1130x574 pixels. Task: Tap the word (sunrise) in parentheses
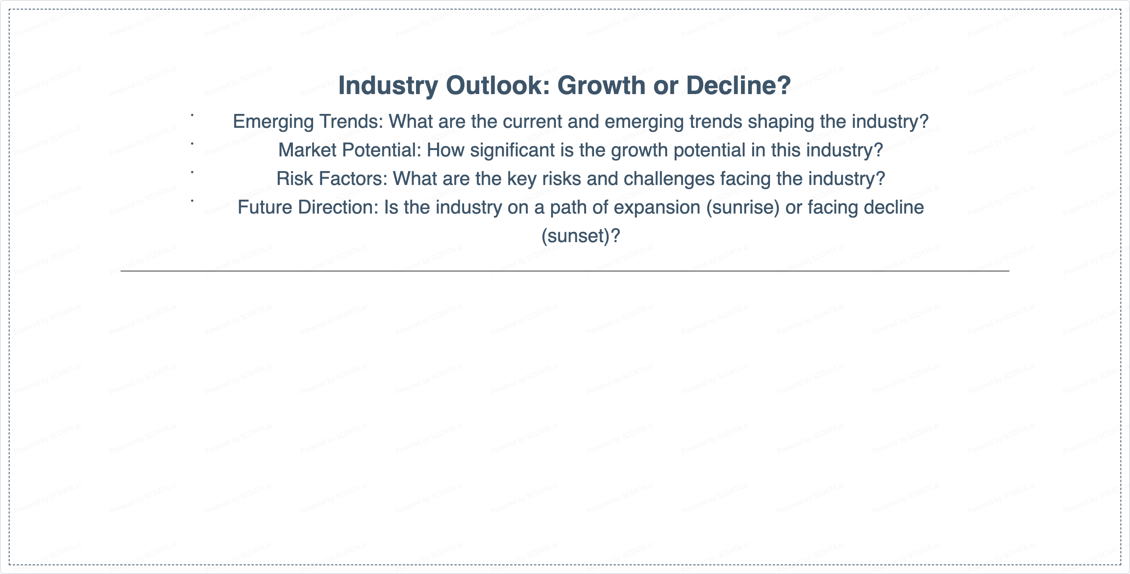click(x=743, y=208)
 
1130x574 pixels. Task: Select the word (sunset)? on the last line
click(x=581, y=236)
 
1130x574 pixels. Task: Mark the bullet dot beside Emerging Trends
click(x=192, y=115)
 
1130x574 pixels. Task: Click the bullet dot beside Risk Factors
click(x=192, y=172)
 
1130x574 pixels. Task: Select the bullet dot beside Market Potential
click(x=192, y=144)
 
